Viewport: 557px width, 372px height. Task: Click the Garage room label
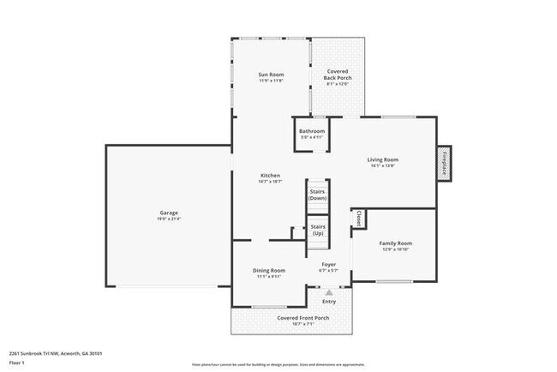(x=168, y=213)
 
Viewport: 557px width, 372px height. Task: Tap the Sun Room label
(x=271, y=75)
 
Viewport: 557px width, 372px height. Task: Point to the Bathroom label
(x=312, y=131)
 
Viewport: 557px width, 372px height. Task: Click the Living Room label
(x=383, y=159)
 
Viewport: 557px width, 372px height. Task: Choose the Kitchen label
(x=270, y=176)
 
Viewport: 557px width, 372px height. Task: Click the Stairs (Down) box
(x=317, y=194)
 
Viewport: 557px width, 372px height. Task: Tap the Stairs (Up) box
(x=317, y=229)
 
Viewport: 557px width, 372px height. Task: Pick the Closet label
(x=358, y=219)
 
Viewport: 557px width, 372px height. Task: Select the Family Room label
(x=395, y=243)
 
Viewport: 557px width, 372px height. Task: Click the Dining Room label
(x=270, y=271)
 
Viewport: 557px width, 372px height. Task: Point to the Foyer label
(x=329, y=264)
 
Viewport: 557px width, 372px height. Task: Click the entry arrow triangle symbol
(x=328, y=291)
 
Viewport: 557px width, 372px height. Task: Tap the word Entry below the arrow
(x=329, y=301)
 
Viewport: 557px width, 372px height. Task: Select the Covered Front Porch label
(x=302, y=318)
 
